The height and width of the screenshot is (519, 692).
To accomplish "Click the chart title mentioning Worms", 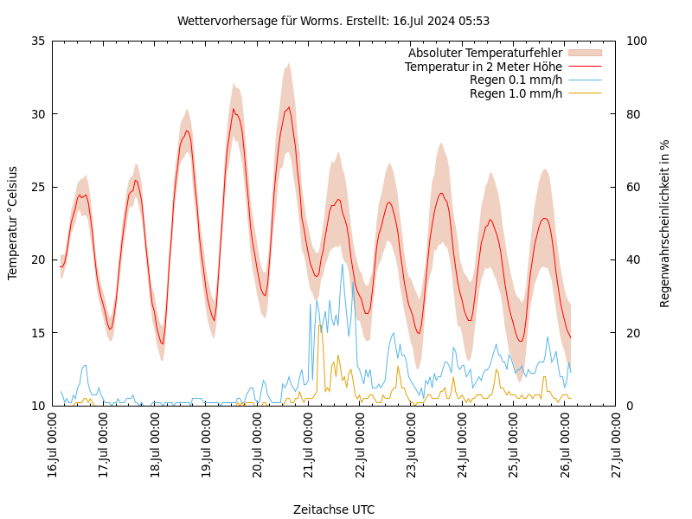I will click(333, 21).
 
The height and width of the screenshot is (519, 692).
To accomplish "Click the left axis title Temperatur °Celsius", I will click(13, 222).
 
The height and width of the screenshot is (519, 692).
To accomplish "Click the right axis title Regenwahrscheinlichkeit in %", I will click(665, 223).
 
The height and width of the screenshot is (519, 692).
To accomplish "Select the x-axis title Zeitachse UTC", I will click(334, 509).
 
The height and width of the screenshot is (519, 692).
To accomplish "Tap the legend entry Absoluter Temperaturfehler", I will click(484, 54).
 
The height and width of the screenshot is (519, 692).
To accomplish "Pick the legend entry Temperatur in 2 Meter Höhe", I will click(483, 67).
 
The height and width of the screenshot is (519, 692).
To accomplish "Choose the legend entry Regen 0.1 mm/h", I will click(516, 80).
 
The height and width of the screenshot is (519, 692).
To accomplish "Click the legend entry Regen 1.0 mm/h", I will click(516, 93).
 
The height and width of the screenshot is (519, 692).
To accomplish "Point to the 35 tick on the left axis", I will click(37, 41).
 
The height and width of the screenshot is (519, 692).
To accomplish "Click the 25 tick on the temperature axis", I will click(37, 187).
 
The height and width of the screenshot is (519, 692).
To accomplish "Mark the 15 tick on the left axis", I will click(37, 332).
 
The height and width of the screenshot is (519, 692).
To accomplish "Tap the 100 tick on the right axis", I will click(636, 41).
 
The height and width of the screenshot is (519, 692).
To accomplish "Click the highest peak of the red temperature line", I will click(289, 107).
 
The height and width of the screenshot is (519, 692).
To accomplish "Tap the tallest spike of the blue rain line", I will click(343, 263).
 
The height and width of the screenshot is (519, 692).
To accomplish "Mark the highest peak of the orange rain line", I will click(320, 325).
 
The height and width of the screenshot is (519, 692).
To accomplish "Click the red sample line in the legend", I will click(584, 67).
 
